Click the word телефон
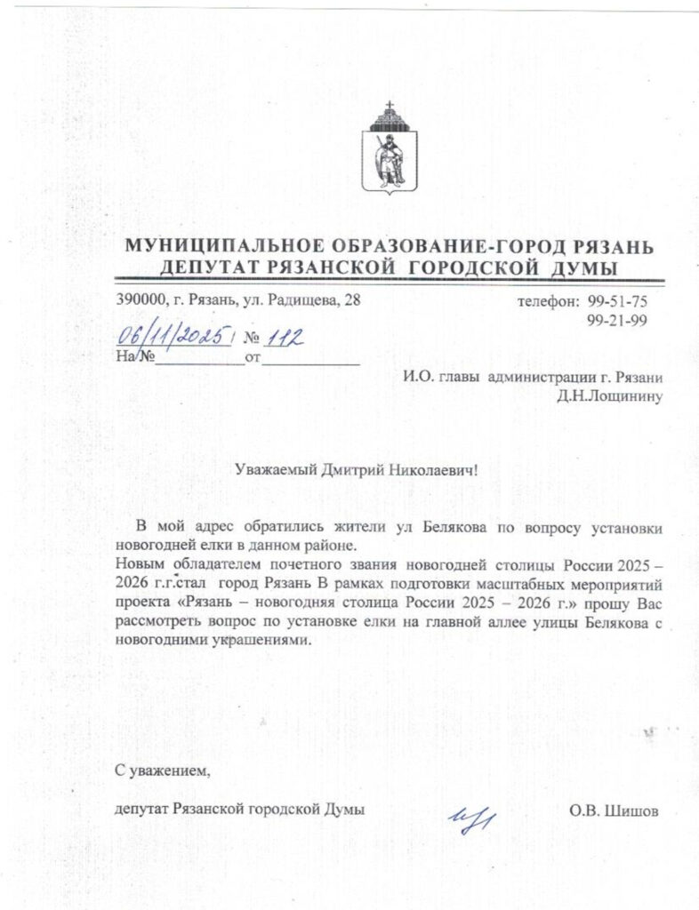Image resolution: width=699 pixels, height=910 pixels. (548, 302)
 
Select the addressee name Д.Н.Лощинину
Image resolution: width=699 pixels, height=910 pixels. (610, 396)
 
